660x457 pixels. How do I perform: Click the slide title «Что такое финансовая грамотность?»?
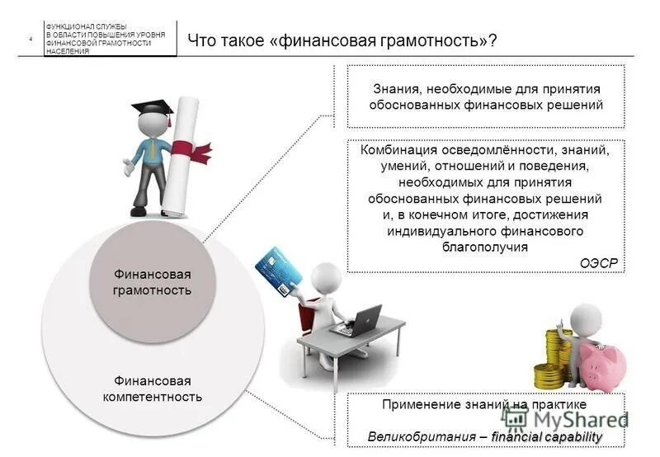pos(342,40)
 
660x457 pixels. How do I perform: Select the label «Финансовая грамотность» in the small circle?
pos(152,282)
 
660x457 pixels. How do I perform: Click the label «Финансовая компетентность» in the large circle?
pos(152,389)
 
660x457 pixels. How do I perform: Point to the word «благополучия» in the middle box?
pos(485,246)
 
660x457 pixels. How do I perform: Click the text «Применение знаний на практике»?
pos(484,405)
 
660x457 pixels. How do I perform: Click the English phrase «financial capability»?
pos(546,436)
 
